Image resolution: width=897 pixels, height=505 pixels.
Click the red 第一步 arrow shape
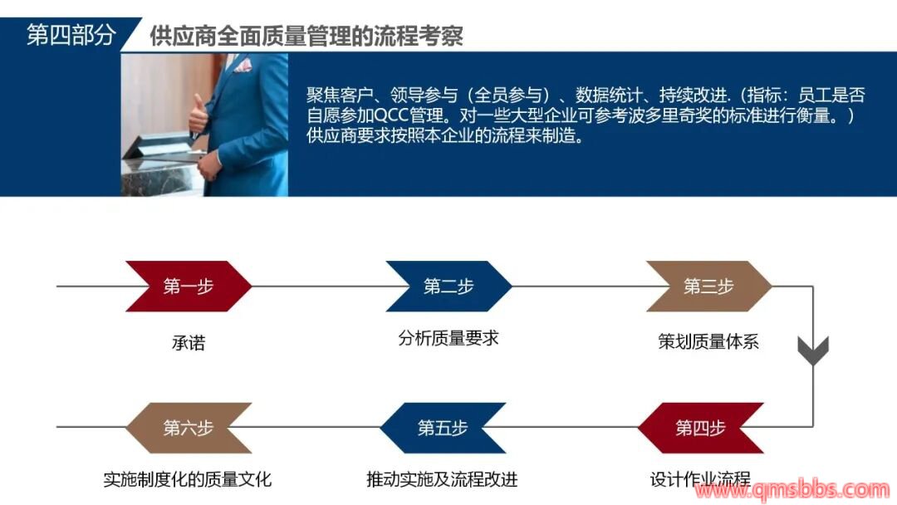click(x=189, y=286)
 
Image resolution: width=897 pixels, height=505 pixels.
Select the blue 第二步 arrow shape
click(x=448, y=286)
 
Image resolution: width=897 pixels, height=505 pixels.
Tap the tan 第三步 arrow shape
click(x=708, y=286)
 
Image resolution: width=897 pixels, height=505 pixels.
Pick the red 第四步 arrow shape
click(x=701, y=428)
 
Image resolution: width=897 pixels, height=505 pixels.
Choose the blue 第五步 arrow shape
click(x=443, y=428)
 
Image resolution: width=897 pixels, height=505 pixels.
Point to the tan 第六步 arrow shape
click(x=189, y=428)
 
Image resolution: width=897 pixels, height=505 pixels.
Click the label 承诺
click(x=189, y=342)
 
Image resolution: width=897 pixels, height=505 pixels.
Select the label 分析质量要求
click(x=448, y=338)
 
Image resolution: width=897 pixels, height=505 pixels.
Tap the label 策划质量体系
click(x=708, y=341)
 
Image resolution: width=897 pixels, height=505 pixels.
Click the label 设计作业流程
click(x=700, y=478)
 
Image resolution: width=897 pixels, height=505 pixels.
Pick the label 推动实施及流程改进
click(x=442, y=478)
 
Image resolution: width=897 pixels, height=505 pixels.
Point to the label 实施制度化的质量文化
click(x=188, y=478)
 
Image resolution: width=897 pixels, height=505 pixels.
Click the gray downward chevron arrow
click(x=813, y=351)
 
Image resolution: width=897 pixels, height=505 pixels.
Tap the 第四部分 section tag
click(x=71, y=35)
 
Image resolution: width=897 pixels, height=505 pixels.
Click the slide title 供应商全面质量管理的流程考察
click(x=306, y=36)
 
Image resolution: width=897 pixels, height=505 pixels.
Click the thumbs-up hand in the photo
click(x=199, y=113)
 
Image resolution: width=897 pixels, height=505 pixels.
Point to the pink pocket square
click(x=243, y=65)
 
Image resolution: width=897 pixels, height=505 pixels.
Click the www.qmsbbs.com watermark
click(x=792, y=490)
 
